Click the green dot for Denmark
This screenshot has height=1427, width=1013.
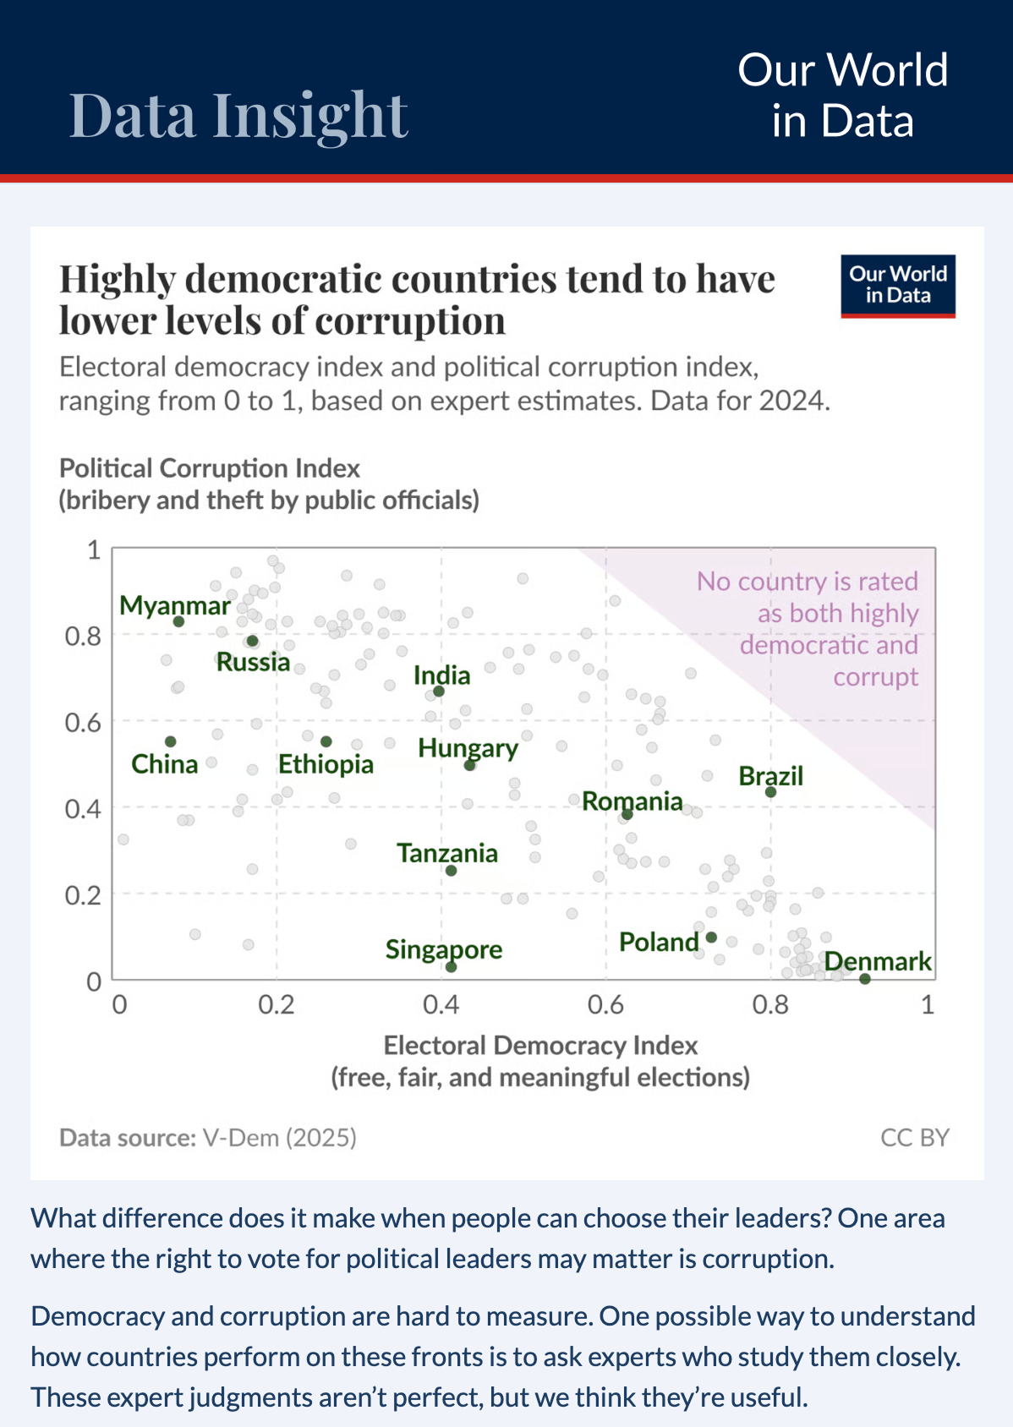pos(864,979)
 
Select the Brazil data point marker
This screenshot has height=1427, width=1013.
pos(770,792)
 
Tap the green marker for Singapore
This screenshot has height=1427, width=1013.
pos(451,966)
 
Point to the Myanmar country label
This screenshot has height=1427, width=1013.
pos(175,605)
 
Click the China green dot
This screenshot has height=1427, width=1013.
pos(171,741)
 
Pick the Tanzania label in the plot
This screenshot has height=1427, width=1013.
pos(447,853)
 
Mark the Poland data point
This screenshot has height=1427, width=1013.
pos(711,938)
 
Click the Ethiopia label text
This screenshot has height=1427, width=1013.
pos(326,764)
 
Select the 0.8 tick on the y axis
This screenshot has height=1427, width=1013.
pos(83,636)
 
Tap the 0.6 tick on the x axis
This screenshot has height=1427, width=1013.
pos(605,1004)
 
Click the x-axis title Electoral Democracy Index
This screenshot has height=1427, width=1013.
pos(540,1046)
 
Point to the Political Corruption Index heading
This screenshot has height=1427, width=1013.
pos(210,468)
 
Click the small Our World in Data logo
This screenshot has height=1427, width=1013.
pos(897,285)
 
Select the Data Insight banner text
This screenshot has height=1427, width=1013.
pos(238,115)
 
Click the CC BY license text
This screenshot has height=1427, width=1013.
pos(914,1137)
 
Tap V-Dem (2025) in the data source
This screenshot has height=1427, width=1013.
pos(279,1137)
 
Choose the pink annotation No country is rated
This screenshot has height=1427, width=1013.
pos(807,582)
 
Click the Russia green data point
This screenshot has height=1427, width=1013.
pos(252,641)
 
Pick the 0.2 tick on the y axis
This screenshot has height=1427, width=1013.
pos(83,894)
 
